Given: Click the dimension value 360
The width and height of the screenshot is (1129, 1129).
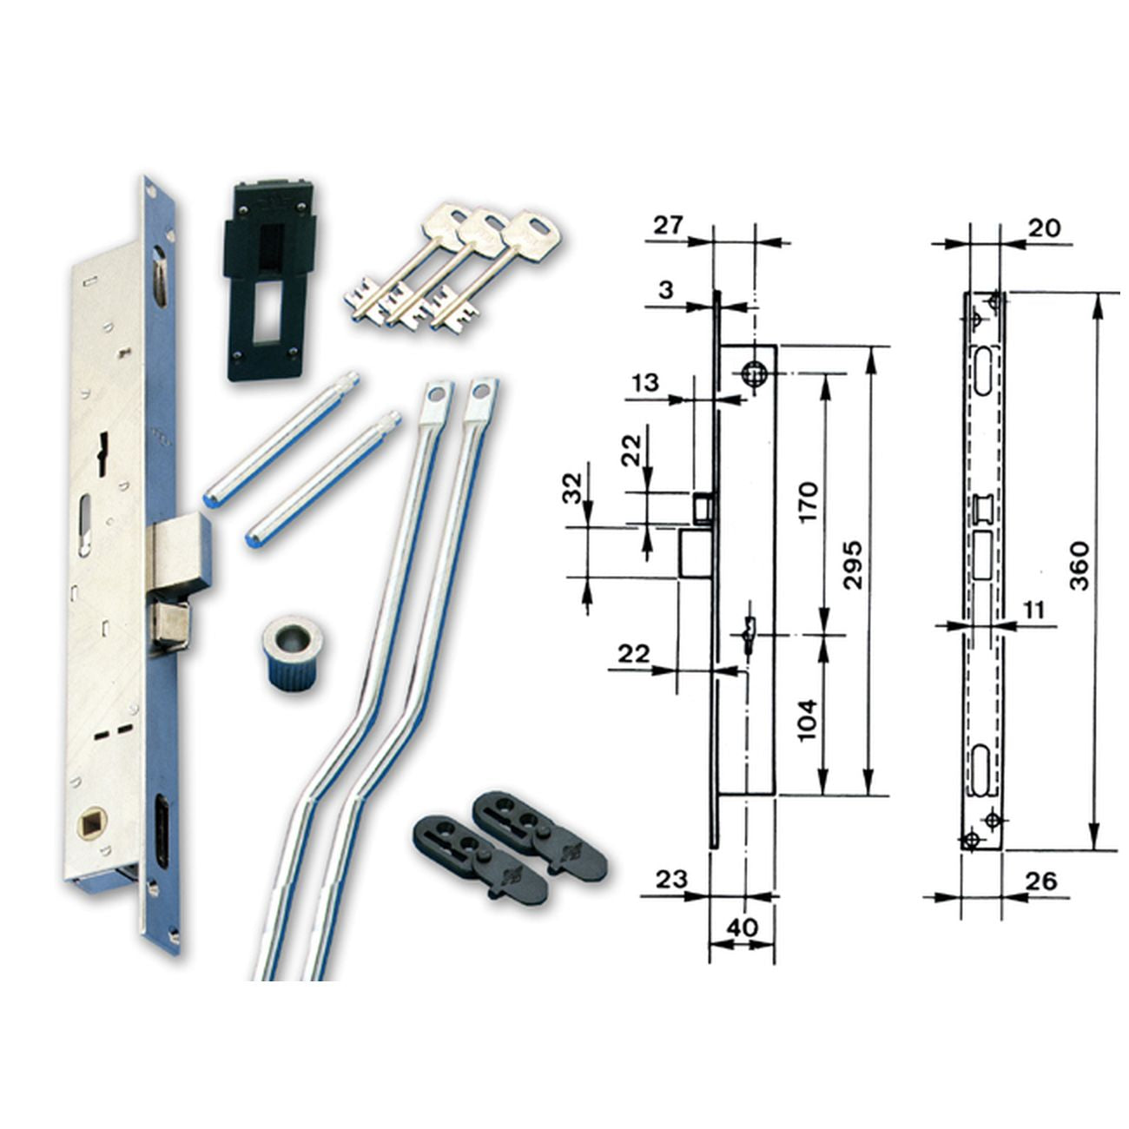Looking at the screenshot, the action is coord(1078,566).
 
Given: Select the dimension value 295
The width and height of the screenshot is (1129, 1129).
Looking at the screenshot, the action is coord(853,564).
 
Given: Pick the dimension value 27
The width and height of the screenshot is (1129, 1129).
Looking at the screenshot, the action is coord(668,225).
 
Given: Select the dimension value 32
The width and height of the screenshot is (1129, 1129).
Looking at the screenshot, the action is coord(574,488).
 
